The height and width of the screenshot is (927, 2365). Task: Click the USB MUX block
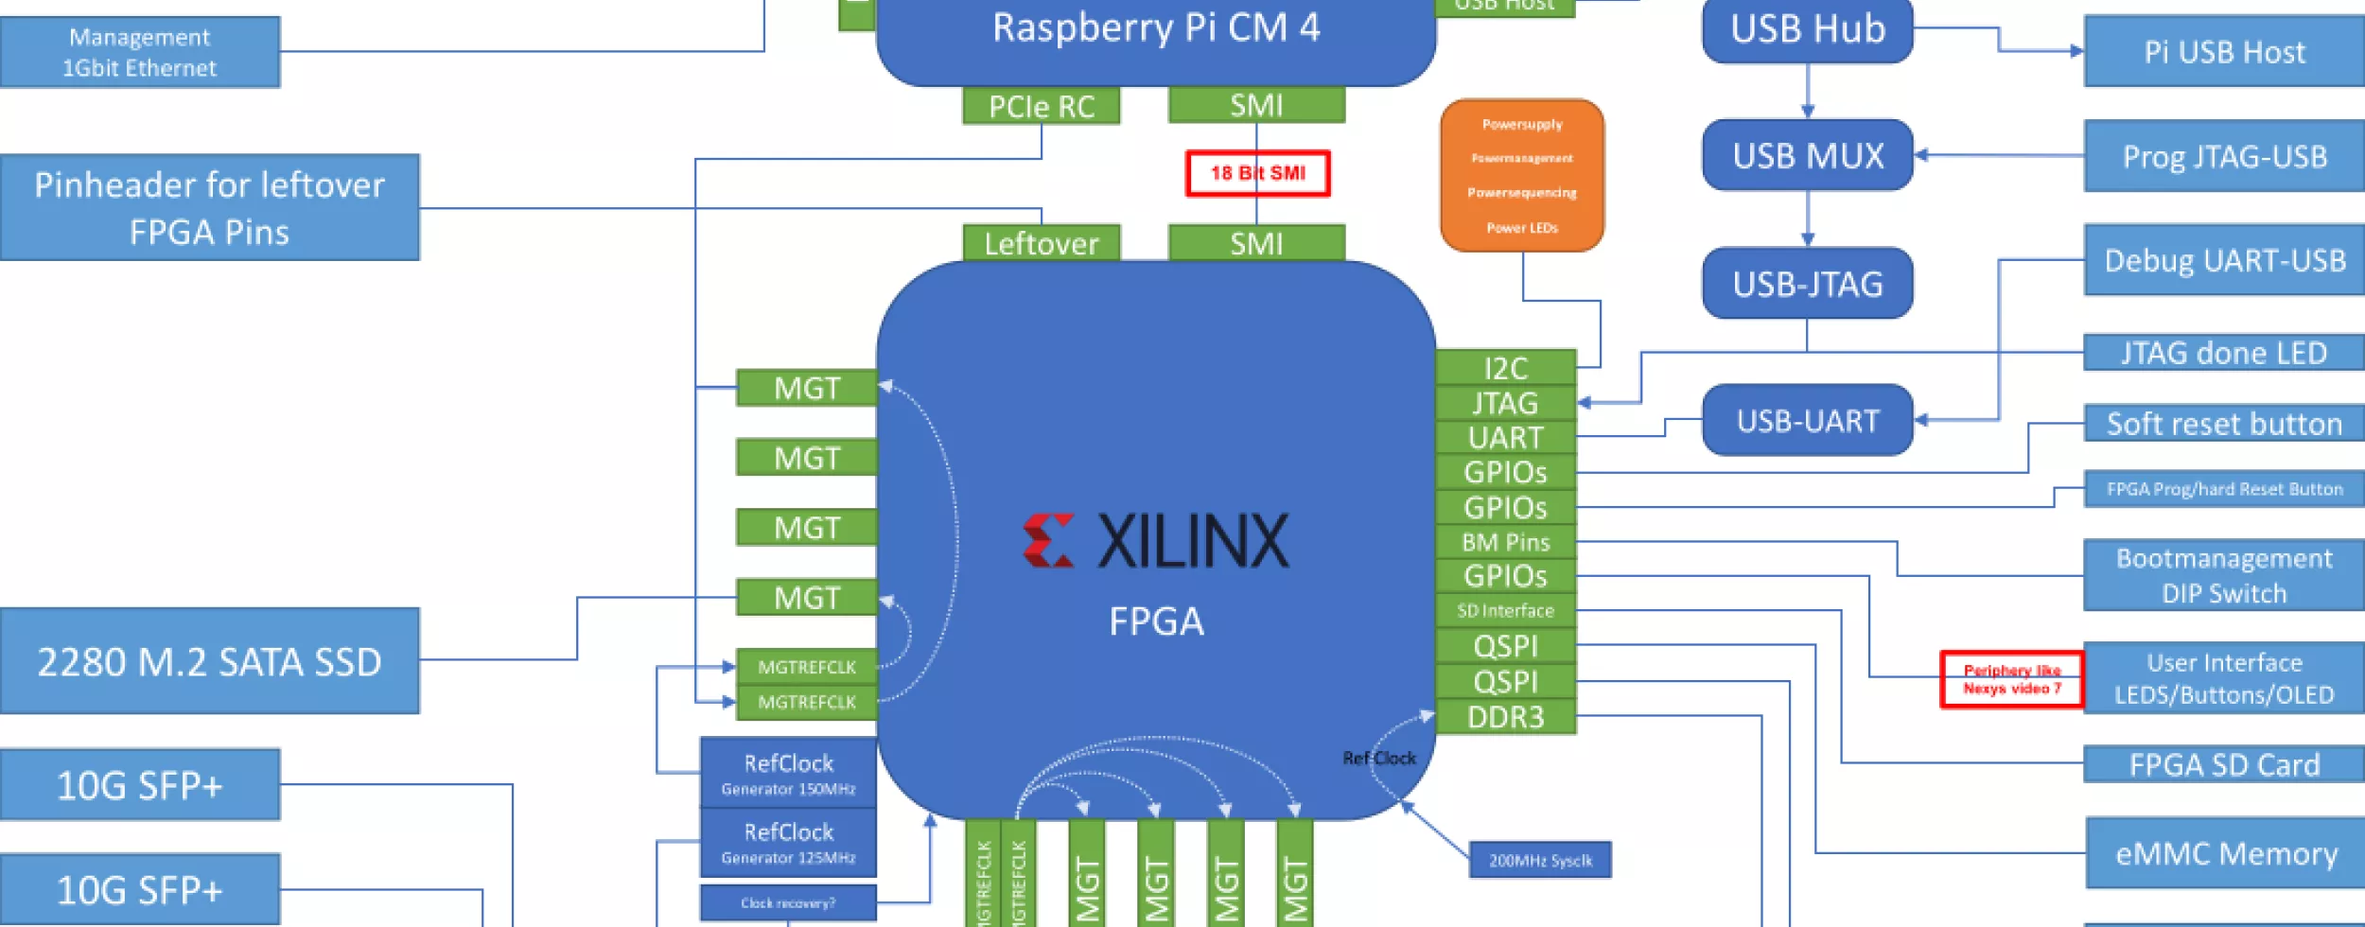coord(1807,155)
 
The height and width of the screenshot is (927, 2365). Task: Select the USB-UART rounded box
coord(1807,420)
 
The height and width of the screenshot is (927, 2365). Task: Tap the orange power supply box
coord(1522,176)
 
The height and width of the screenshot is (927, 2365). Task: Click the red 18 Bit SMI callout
coord(1257,173)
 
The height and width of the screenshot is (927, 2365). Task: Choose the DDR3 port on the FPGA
coord(1505,717)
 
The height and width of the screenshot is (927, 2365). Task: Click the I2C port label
coord(1505,367)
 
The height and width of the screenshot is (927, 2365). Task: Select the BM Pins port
coord(1505,542)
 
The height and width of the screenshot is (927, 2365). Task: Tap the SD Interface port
coord(1505,611)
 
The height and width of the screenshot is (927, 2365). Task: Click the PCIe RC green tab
coord(1041,106)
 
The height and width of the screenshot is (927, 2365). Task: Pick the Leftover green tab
coord(1041,243)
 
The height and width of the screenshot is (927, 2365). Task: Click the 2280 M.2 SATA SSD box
coord(209,661)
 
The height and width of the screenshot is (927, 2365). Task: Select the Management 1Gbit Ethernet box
coord(140,52)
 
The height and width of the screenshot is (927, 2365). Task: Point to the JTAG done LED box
coord(2223,353)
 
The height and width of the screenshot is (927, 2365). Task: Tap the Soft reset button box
coord(2223,424)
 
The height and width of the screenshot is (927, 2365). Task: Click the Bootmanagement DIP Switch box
coord(2223,575)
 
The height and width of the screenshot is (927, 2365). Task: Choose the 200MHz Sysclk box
coord(1540,861)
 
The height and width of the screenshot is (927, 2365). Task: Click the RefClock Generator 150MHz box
coord(788,774)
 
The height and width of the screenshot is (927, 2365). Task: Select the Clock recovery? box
coord(788,903)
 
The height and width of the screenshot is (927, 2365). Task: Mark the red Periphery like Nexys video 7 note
coord(2011,679)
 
